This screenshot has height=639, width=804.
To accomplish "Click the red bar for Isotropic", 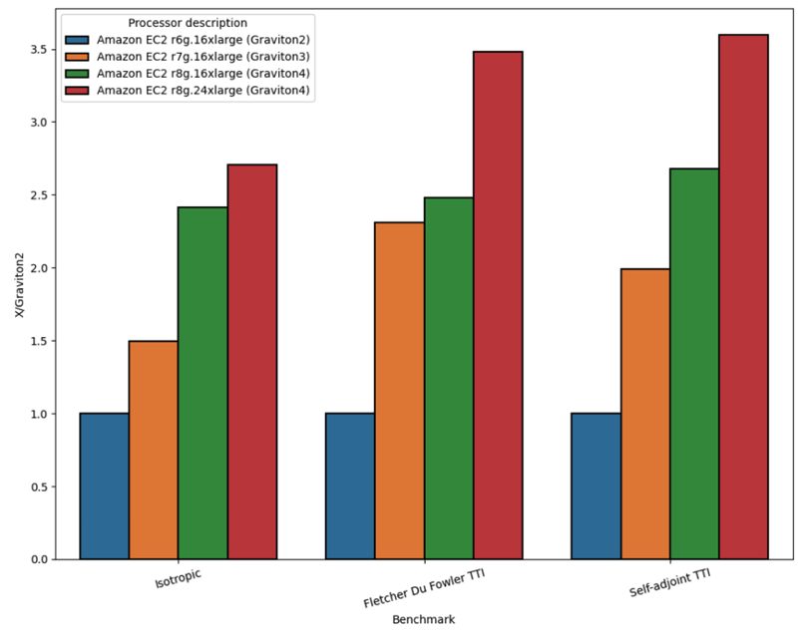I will (251, 362).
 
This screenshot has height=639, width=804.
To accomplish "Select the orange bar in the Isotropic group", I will (154, 450).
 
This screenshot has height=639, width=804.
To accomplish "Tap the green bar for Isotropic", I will (202, 384).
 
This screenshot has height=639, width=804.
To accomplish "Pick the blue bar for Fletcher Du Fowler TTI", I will (350, 486).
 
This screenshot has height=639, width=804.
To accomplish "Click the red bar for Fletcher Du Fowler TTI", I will (498, 305).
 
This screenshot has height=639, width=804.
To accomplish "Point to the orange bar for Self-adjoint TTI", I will (645, 414).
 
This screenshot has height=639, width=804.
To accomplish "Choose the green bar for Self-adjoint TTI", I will (694, 364).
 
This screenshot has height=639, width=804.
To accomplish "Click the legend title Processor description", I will (188, 23).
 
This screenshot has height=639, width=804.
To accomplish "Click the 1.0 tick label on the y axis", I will (38, 414).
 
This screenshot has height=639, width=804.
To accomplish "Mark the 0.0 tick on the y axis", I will (38, 559).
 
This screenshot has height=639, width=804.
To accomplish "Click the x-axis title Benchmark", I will (423, 620).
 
